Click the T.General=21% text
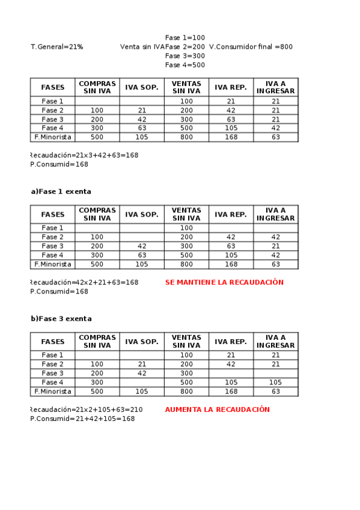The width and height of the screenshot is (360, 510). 56,47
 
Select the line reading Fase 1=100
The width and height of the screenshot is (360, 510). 185,38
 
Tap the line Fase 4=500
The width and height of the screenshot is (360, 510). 185,65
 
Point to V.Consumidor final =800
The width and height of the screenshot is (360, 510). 251,47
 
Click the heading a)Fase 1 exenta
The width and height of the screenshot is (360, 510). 61,192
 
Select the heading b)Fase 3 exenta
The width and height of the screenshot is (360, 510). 61,319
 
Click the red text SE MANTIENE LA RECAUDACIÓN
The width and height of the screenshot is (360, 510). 224,282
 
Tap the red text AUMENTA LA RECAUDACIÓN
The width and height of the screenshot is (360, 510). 217,410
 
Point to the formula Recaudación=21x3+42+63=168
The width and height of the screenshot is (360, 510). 84,155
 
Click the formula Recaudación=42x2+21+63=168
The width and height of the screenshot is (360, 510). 84,282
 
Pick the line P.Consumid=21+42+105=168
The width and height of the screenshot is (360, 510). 82,419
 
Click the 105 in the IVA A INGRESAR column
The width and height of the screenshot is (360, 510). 275,382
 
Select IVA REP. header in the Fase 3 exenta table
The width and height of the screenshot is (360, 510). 231,342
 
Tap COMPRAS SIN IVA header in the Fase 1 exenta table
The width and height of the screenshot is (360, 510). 97,214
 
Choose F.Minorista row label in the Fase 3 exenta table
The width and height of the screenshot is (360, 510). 53,392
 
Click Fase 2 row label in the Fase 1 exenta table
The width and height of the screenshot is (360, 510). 53,237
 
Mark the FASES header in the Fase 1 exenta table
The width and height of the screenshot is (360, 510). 53,214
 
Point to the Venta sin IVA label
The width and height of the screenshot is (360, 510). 142,47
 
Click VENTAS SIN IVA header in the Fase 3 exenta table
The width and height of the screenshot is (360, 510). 186,342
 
